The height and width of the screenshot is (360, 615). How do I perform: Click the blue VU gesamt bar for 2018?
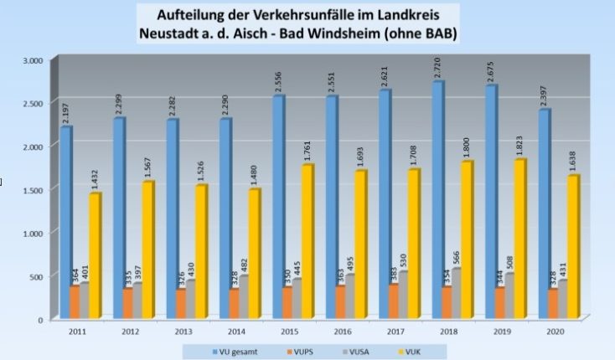[438, 201]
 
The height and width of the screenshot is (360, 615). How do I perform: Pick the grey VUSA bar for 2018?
[457, 293]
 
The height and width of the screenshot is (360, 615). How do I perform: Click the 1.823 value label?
[521, 146]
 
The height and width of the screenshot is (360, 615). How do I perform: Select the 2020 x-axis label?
[553, 332]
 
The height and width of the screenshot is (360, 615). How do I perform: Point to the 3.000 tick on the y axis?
[33, 60]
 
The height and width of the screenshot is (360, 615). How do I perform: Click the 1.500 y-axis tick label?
[33, 190]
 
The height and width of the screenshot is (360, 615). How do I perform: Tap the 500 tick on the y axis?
[37, 276]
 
